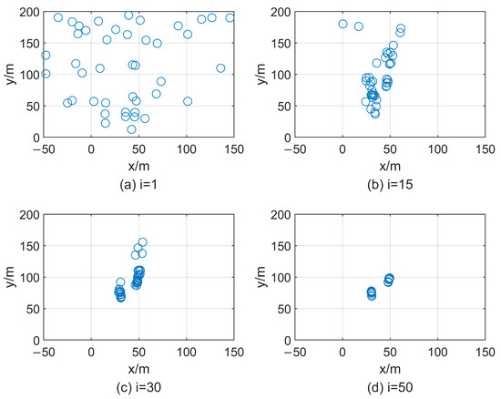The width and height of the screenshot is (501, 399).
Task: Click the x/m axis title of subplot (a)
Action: tap(138, 165)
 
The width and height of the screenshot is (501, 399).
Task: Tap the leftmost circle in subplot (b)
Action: tap(343, 24)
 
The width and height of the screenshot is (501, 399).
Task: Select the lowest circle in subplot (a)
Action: tap(131, 129)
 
